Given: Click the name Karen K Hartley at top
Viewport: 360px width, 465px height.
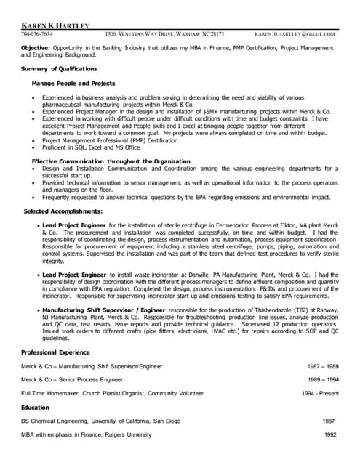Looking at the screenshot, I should coord(55,25).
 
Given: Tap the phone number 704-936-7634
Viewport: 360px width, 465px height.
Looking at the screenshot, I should coord(36,34).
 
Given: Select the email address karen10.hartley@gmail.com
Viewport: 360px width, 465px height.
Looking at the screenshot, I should coord(295,34).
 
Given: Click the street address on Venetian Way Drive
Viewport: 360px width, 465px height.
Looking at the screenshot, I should coord(164,34).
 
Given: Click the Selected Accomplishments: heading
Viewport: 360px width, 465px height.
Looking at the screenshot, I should coord(63,211).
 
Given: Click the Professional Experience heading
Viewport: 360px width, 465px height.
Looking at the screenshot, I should coord(60,352).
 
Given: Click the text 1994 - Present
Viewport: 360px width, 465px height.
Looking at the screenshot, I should coord(320,393).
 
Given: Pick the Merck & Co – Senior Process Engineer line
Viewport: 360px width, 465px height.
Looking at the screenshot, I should coord(72,379).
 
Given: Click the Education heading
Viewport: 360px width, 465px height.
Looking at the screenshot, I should coord(35,408).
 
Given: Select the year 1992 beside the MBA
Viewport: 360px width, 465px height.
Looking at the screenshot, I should coord(329,434).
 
